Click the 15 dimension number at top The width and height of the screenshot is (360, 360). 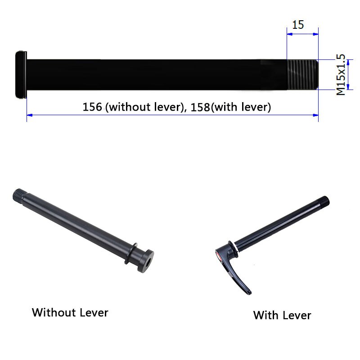pyautogui.click(x=298, y=24)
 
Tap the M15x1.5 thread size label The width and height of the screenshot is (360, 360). pyautogui.click(x=341, y=75)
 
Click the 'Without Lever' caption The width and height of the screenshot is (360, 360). pyautogui.click(x=70, y=312)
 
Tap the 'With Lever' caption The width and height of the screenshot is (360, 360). pyautogui.click(x=282, y=315)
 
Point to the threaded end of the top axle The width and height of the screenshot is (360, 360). pyautogui.click(x=302, y=75)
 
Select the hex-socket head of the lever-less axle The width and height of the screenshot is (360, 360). pyautogui.click(x=147, y=259)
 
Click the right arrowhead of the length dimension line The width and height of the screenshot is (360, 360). pyautogui.click(x=316, y=115)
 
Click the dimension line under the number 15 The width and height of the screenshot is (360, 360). pyautogui.click(x=302, y=33)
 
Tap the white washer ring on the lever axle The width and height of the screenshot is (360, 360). pyautogui.click(x=234, y=246)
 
